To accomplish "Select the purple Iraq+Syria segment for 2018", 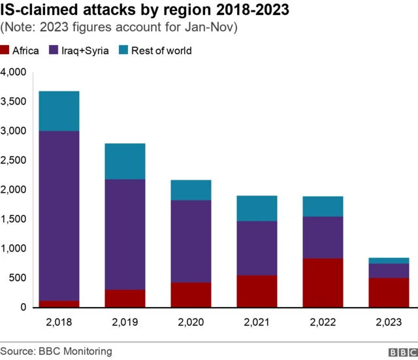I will tap(59, 216).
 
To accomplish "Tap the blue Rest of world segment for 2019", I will tap(125, 161).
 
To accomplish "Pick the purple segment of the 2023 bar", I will tap(389, 270).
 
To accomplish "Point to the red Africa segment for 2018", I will tap(59, 304).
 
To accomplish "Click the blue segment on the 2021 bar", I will tap(257, 208).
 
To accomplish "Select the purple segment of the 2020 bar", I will tap(191, 241).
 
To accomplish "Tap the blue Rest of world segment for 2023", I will tap(389, 261).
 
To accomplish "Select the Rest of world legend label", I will tap(161, 50).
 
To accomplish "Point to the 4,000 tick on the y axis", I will tap(14, 72).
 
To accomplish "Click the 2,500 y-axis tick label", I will tap(14, 160).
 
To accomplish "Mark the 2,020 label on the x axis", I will tap(191, 321).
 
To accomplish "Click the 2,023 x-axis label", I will tap(389, 321).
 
